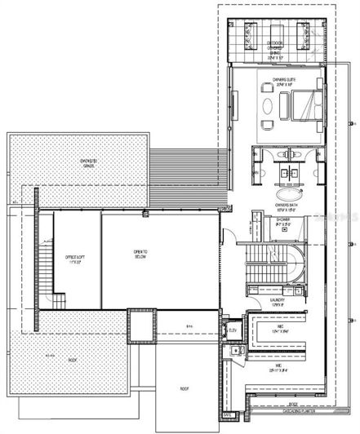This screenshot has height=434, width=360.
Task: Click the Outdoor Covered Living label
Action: (276, 49)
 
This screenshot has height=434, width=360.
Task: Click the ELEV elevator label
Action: (233, 330)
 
